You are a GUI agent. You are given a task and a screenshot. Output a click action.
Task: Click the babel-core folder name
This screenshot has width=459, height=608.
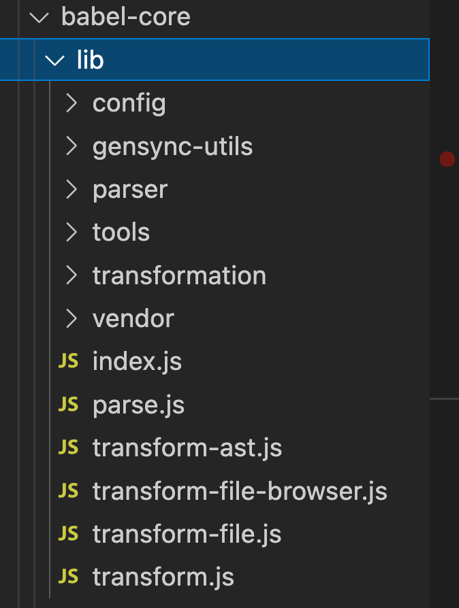coord(125,17)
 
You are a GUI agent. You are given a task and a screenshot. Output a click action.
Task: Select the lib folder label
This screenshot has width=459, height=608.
coord(90,61)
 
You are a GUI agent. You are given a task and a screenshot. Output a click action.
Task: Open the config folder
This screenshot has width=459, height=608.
coord(129,103)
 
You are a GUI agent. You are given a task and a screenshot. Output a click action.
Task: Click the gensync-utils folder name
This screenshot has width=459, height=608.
coord(172,146)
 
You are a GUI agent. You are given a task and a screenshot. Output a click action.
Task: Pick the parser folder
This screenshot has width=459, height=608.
coord(129,190)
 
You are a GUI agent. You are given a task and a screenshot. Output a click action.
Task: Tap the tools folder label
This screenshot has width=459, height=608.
coord(121,233)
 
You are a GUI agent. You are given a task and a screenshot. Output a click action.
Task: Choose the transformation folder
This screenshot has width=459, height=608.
coord(179,275)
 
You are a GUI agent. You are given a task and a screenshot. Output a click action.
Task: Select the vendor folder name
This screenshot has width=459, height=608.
coord(133,318)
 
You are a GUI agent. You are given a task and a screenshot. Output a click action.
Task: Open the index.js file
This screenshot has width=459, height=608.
coord(137,362)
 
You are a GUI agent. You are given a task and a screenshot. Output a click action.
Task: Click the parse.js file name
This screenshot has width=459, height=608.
coord(138,405)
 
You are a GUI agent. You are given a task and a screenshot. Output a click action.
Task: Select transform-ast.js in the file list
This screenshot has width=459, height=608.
coord(187,448)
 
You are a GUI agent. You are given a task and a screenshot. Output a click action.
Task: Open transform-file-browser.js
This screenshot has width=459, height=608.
coord(240,491)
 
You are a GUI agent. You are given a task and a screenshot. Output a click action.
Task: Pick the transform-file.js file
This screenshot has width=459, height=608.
coord(187,534)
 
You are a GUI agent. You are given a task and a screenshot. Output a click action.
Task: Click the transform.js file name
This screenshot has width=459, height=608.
coord(163,577)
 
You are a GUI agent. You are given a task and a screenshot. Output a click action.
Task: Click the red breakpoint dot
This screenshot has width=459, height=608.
coord(447,159)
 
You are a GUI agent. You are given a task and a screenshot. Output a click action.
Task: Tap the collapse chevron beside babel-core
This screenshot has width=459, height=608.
coord(40,18)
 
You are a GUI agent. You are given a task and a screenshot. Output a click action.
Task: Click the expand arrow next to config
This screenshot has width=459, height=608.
coord(71,103)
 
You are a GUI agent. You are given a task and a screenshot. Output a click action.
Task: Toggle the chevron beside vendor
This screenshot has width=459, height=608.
coord(71,318)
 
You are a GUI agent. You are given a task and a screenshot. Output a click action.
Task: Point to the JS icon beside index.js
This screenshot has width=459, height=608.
coord(68,361)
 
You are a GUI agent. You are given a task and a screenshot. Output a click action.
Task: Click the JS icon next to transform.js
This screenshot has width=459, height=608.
coord(68,577)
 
